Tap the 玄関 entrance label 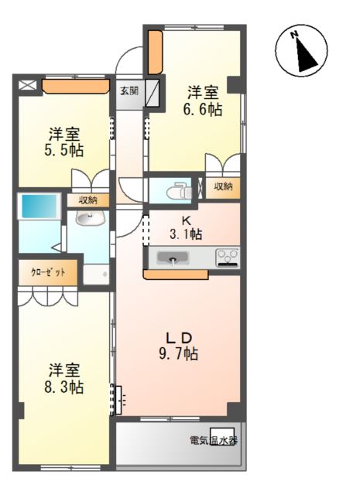(x=127, y=90)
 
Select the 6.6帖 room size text (x=203, y=110)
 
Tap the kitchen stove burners (x=228, y=256)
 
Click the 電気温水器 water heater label (x=212, y=440)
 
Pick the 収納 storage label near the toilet (x=223, y=186)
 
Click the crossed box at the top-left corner (x=27, y=85)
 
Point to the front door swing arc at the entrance (x=129, y=58)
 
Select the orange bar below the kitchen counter (x=175, y=273)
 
